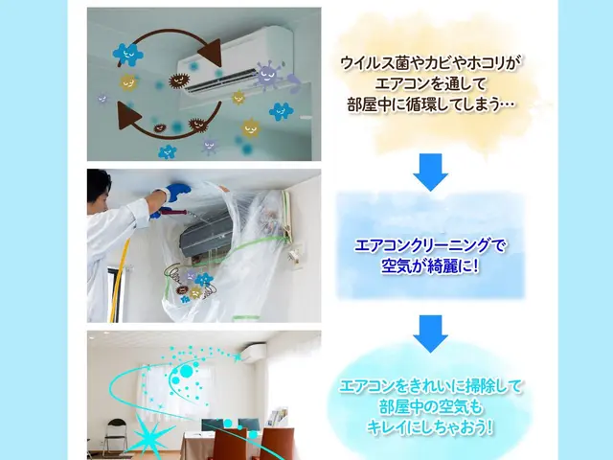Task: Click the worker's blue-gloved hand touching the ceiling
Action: pyautogui.click(x=176, y=193)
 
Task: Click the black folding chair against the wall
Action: pyautogui.click(x=115, y=436)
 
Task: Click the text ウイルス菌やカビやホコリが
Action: pyautogui.click(x=432, y=63)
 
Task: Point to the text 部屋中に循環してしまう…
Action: pyautogui.click(x=434, y=103)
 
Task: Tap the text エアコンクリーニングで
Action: pyautogui.click(x=430, y=245)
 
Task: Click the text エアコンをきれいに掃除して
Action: pyautogui.click(x=431, y=386)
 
